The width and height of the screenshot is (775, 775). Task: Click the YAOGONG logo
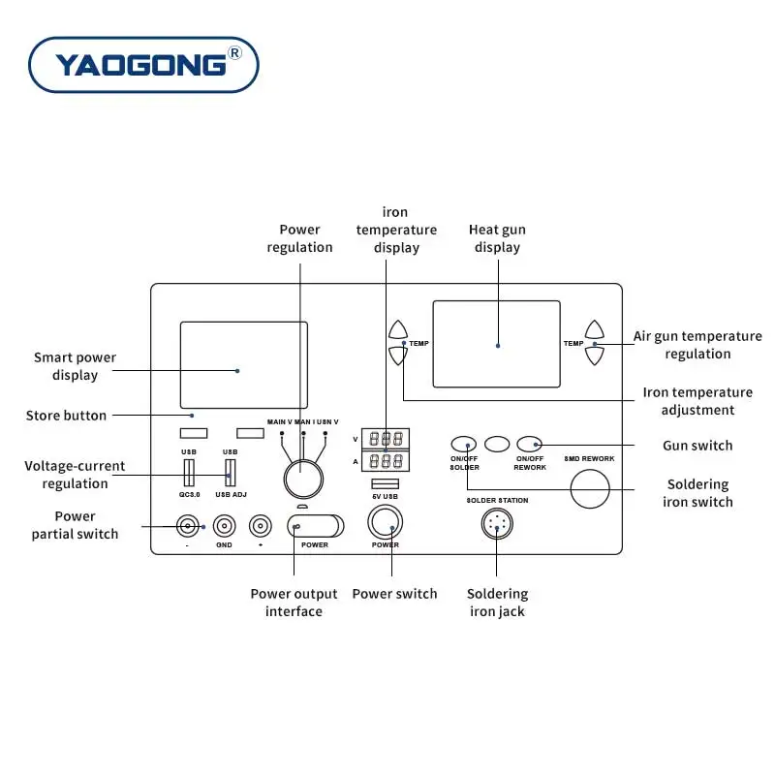[143, 65]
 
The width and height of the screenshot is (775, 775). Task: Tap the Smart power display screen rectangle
[243, 364]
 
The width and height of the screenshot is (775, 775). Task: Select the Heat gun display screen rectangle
[496, 344]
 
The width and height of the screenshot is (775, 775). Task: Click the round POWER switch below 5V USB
[385, 523]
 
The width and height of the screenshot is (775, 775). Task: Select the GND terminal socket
[224, 526]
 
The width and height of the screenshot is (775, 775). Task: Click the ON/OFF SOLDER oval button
[464, 444]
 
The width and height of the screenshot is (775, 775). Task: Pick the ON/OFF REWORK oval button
[529, 444]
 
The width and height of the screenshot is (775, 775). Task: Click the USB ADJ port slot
[230, 471]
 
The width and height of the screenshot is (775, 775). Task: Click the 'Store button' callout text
[66, 416]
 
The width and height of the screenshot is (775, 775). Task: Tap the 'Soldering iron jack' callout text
[497, 603]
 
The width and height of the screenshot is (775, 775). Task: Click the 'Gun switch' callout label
[697, 446]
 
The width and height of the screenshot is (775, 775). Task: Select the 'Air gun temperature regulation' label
[697, 345]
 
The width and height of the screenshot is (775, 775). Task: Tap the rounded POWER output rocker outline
[316, 526]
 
